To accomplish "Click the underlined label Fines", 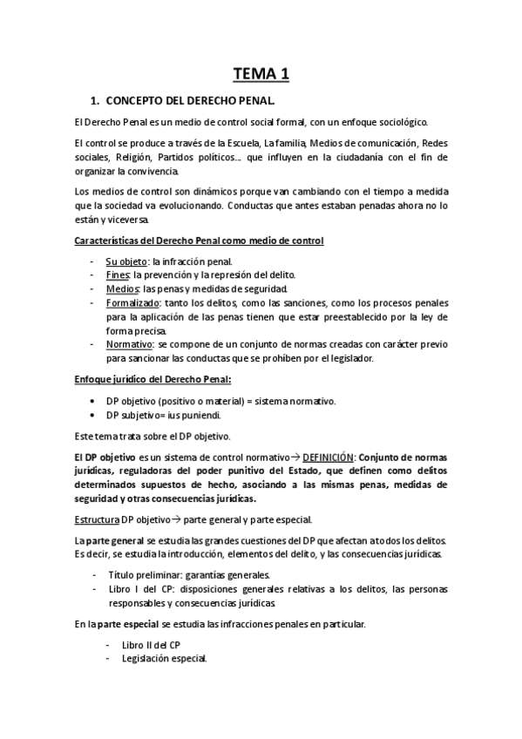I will [117, 275].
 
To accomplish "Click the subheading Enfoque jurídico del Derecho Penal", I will [152, 379].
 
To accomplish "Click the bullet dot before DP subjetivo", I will [93, 415].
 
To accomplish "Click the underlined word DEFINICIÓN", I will [327, 457].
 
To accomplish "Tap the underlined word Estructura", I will [98, 519].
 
